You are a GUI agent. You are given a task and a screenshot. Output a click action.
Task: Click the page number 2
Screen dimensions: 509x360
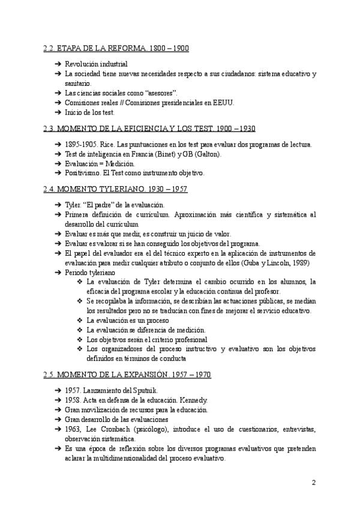(x=314, y=483)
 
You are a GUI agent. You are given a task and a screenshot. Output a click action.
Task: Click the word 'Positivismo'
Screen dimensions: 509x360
(x=84, y=173)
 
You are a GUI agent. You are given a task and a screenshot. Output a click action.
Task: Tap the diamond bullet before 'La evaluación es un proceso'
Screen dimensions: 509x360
(x=80, y=320)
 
